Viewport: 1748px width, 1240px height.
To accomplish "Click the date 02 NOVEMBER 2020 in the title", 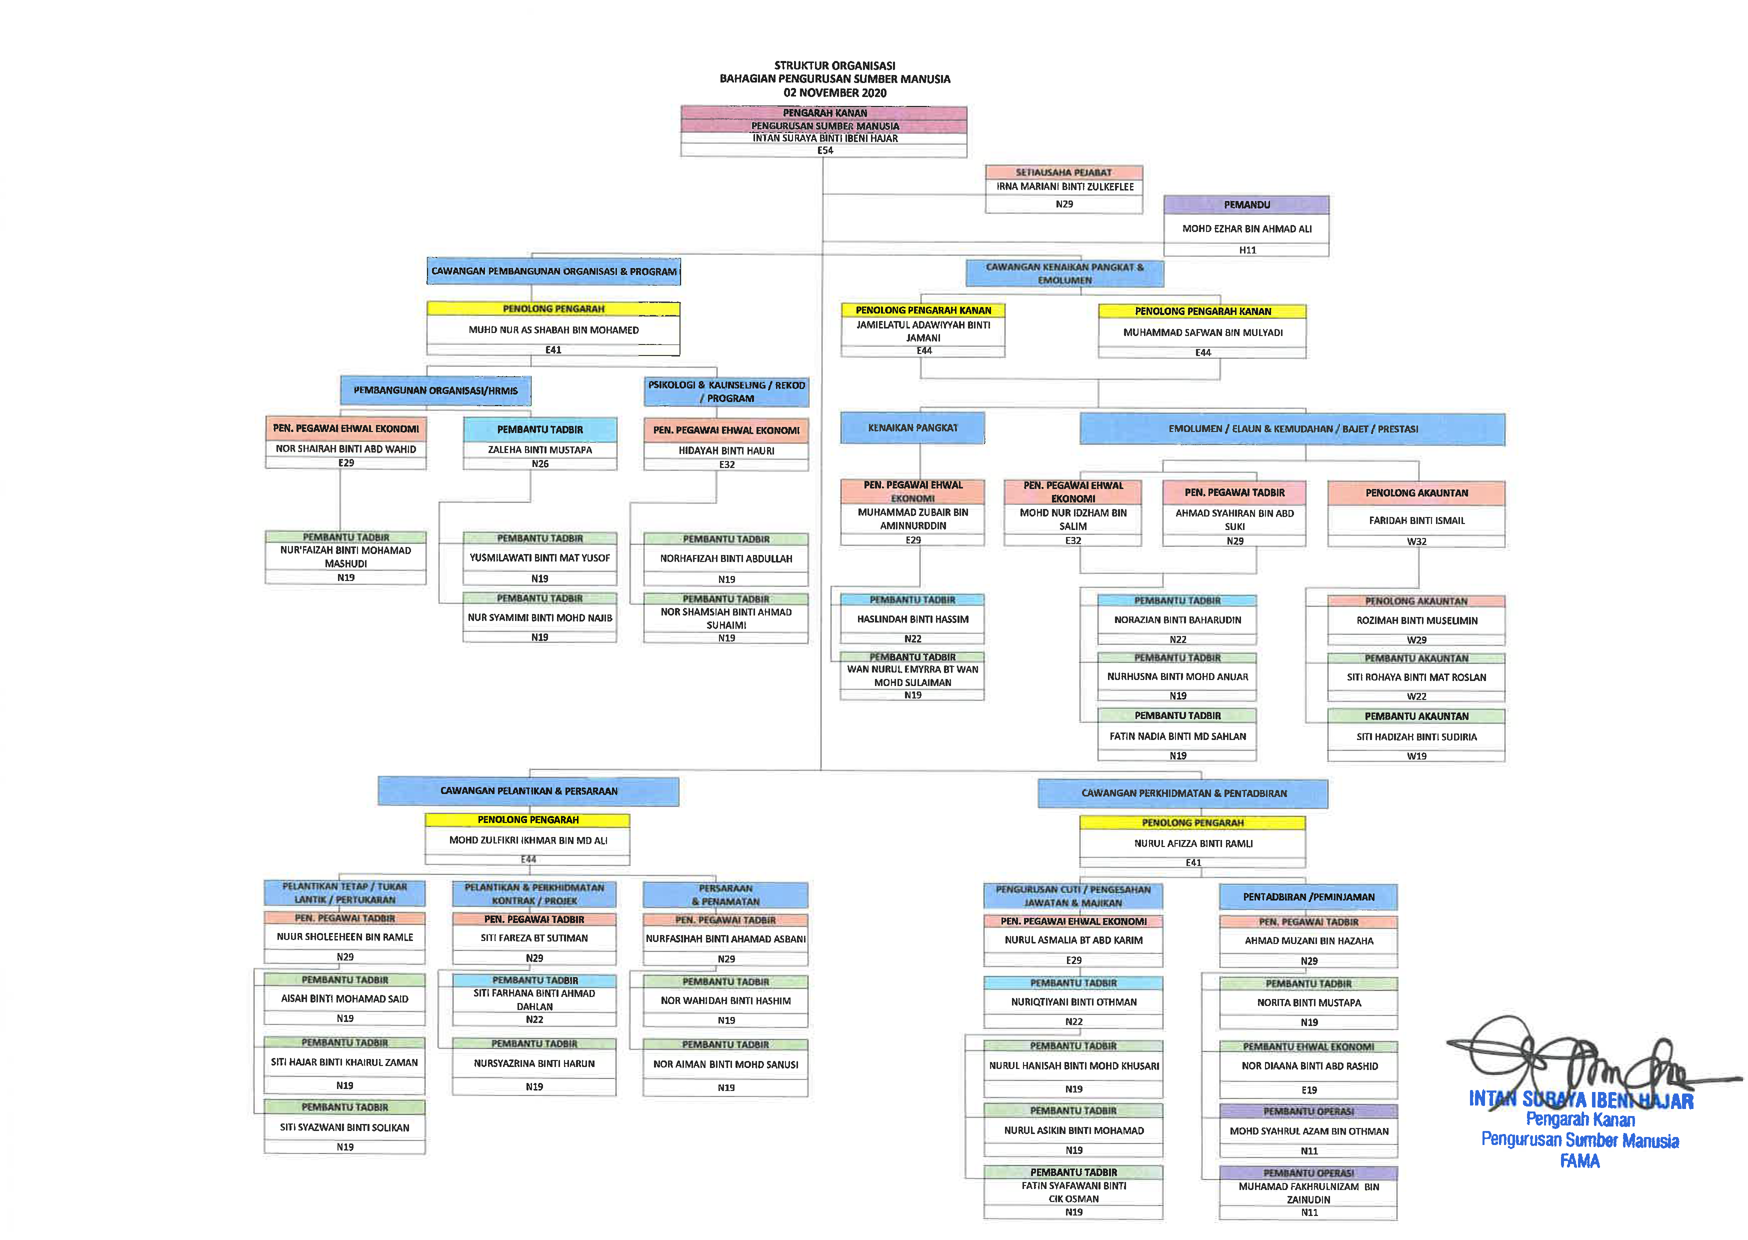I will (x=834, y=92).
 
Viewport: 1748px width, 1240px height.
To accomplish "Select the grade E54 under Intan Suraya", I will (x=825, y=150).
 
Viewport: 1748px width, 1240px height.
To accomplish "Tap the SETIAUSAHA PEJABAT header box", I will (x=1063, y=172).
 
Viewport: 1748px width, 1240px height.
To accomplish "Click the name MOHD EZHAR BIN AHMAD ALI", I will (x=1246, y=228).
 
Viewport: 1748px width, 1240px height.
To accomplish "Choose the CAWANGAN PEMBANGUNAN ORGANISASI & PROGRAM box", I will (x=553, y=271).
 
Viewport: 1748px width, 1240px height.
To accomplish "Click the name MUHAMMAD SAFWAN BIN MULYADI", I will (x=1202, y=332).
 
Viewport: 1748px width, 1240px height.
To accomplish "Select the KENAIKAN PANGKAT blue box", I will (x=912, y=427).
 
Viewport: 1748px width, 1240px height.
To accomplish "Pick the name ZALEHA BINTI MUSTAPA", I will (x=539, y=449).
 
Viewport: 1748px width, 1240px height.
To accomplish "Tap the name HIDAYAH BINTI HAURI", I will (x=726, y=450).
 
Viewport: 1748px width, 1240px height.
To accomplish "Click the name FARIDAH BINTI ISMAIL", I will (x=1416, y=520).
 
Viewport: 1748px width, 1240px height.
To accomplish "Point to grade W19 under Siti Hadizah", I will (x=1416, y=756).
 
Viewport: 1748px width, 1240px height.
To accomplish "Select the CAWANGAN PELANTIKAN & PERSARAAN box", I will (x=528, y=791).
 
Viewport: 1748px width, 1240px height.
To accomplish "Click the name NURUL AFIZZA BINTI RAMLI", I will (x=1193, y=843).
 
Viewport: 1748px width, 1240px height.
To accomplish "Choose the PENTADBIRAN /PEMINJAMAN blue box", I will (x=1308, y=896).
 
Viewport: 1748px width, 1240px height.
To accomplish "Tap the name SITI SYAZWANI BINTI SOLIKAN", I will (x=344, y=1127).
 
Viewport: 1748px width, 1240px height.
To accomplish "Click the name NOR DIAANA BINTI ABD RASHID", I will (x=1309, y=1066).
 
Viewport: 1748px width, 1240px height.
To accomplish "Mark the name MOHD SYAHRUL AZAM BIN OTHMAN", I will (x=1308, y=1131).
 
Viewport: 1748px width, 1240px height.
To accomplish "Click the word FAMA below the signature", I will (x=1579, y=1160).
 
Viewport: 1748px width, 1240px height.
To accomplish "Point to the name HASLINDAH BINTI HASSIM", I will (x=912, y=619).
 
